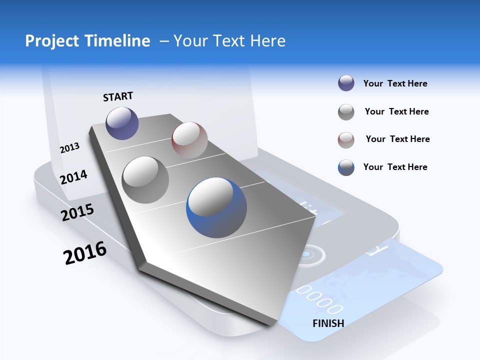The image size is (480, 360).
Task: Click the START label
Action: click(118, 96)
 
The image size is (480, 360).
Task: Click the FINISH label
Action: click(328, 323)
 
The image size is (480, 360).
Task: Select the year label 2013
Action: click(69, 147)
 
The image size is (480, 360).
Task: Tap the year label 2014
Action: click(73, 177)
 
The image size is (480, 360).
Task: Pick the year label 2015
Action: click(77, 212)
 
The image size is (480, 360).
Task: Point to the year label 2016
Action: click(85, 253)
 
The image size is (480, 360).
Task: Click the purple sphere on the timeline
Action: click(122, 123)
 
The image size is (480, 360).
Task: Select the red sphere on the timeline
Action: click(189, 139)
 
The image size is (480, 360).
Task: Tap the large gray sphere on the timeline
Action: click(145, 179)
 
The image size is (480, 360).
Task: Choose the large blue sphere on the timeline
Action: click(216, 207)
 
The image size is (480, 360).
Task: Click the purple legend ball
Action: click(346, 83)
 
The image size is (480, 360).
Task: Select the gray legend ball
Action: click(346, 112)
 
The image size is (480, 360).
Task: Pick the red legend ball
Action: click(346, 140)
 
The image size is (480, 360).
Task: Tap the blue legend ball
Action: click(346, 167)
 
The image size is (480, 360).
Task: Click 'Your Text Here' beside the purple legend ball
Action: click(395, 83)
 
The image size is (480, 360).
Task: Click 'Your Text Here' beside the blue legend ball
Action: click(395, 167)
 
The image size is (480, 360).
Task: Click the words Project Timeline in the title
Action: click(87, 40)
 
